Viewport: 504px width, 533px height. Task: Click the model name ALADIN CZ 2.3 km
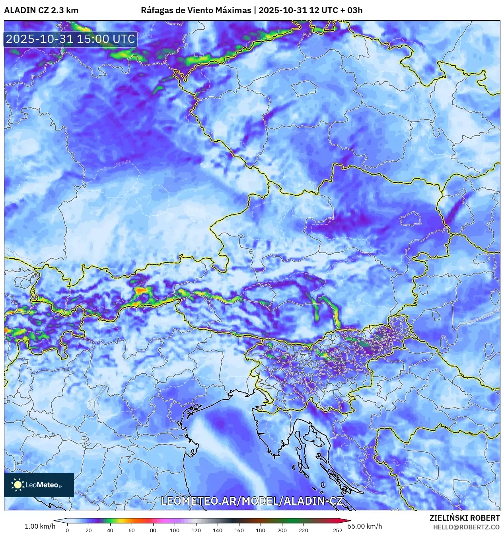(x=41, y=10)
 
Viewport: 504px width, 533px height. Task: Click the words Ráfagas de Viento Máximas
(x=196, y=10)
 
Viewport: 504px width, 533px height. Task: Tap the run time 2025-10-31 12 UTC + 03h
(x=310, y=10)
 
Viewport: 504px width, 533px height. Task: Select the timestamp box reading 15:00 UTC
(x=70, y=39)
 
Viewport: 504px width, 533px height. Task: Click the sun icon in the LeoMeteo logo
(x=18, y=484)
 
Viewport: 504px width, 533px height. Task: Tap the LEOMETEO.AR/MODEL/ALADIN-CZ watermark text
(x=251, y=501)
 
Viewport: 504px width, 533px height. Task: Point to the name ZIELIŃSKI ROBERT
(x=464, y=518)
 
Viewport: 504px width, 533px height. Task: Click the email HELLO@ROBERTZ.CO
(x=466, y=527)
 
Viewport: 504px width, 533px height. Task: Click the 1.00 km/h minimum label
(x=40, y=526)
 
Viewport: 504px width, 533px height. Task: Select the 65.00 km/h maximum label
(x=364, y=526)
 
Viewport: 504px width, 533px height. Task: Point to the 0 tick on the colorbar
(x=67, y=530)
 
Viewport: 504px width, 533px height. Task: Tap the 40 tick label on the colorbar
(x=110, y=530)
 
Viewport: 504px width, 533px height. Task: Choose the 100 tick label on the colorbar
(x=175, y=530)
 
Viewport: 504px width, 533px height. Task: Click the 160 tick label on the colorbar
(x=239, y=530)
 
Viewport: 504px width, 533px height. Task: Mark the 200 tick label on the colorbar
(x=282, y=530)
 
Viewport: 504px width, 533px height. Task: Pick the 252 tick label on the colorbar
(x=338, y=530)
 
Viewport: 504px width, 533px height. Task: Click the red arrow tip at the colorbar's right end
(x=349, y=520)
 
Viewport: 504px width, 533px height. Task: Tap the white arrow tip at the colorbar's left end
(x=56, y=520)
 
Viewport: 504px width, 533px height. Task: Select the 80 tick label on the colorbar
(x=153, y=530)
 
